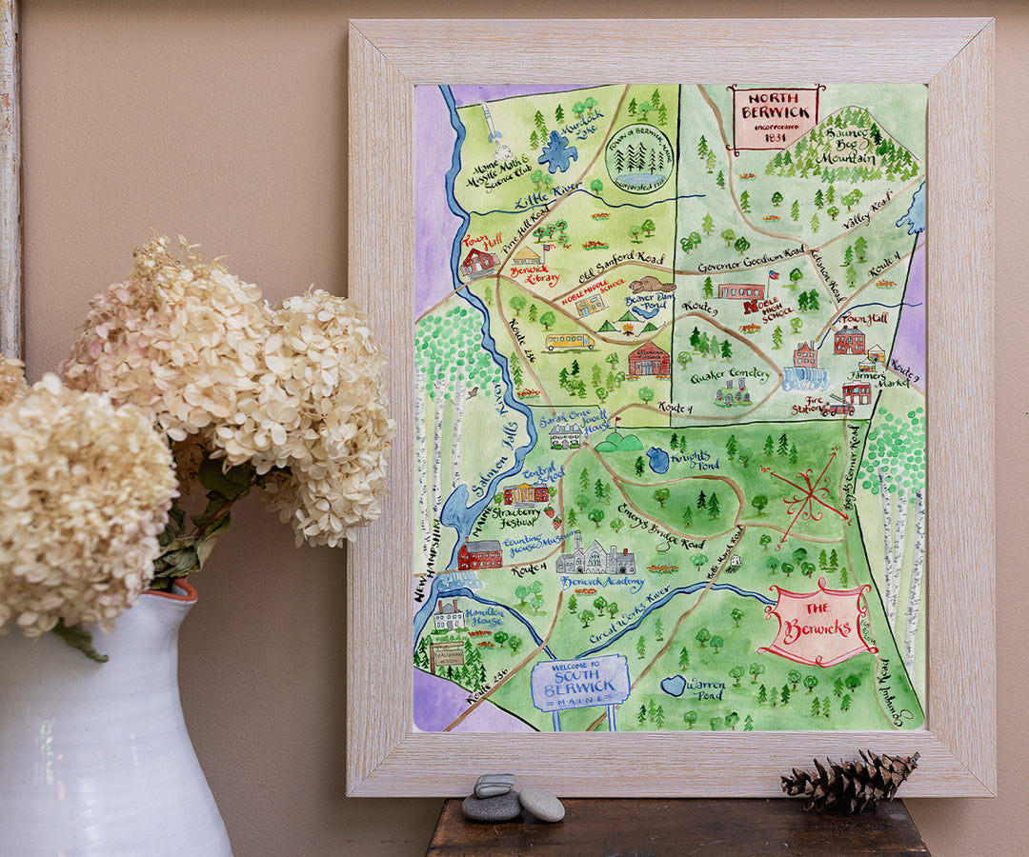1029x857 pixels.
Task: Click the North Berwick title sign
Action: pyautogui.click(x=775, y=117)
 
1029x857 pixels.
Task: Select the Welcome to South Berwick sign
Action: pyautogui.click(x=580, y=683)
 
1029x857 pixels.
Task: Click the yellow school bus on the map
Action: pyautogui.click(x=568, y=341)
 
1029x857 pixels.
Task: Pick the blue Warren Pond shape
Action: pyautogui.click(x=675, y=685)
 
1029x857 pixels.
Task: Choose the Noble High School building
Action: pyautogui.click(x=741, y=290)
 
